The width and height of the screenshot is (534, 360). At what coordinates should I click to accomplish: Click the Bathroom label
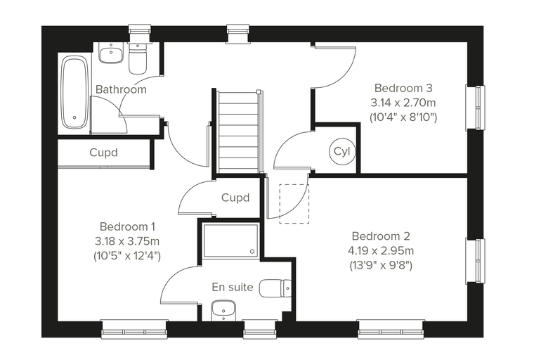(121, 89)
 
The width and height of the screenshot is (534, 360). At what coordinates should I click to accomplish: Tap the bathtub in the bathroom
(74, 93)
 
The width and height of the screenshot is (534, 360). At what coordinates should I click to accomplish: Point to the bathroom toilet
(138, 58)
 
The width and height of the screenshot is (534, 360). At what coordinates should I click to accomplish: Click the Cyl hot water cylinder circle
(342, 152)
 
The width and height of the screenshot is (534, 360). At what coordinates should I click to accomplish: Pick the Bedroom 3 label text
(403, 88)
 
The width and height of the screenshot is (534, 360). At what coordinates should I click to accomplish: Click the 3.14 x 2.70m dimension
(403, 103)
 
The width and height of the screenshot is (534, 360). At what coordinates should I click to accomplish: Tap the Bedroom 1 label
(127, 226)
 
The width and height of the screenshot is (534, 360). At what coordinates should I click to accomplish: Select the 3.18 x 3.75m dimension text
(127, 241)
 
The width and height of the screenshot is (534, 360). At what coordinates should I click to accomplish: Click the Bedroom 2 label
(381, 236)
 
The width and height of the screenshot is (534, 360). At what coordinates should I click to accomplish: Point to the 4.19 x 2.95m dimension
(381, 251)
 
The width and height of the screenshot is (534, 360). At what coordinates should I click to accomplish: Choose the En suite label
(233, 287)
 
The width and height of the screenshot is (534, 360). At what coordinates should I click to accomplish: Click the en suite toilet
(275, 288)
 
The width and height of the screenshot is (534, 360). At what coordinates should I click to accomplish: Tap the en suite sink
(223, 311)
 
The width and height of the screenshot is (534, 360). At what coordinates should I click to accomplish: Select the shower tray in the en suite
(230, 240)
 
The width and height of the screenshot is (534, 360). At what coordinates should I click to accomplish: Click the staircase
(238, 132)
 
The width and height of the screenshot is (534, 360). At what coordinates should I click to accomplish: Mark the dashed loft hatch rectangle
(294, 204)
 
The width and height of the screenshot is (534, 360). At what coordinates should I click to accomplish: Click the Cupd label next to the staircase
(235, 198)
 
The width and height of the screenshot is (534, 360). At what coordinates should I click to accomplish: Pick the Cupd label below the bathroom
(103, 153)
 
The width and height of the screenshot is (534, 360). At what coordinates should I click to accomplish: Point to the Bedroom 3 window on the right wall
(476, 108)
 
